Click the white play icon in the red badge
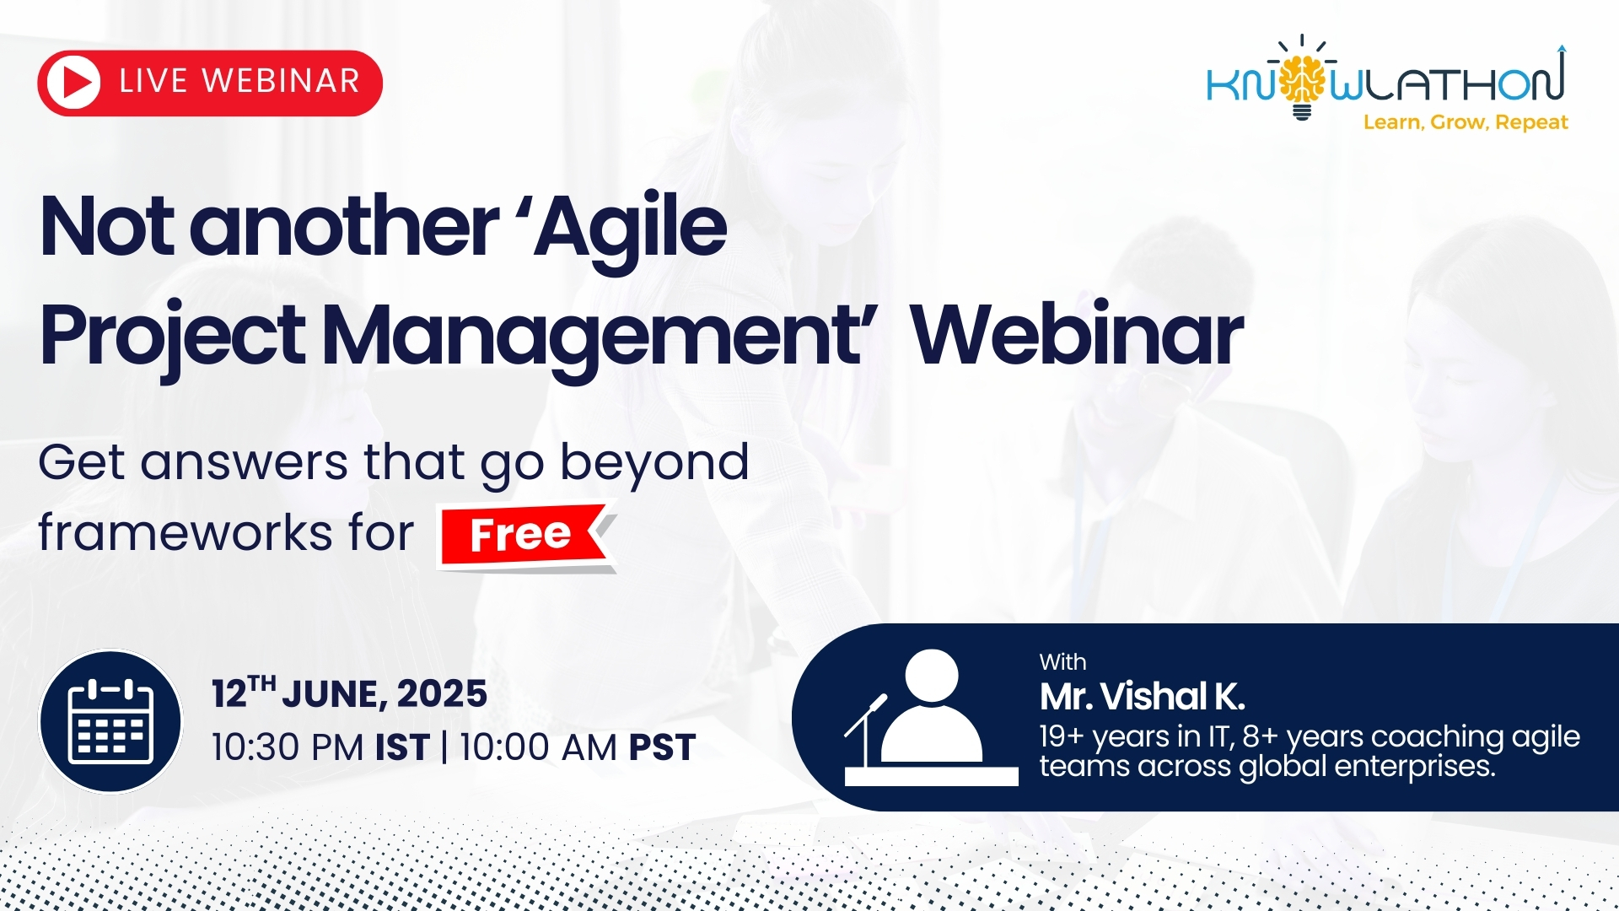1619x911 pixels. coord(74,83)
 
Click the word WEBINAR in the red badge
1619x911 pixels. coord(282,82)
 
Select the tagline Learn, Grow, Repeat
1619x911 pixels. coord(1466,122)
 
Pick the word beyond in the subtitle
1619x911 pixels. coord(654,463)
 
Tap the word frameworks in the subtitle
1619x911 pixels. coord(186,532)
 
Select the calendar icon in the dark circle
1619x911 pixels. coord(110,721)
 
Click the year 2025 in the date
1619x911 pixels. coord(442,694)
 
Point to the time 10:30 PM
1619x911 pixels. coord(288,747)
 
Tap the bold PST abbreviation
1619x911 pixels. coord(663,747)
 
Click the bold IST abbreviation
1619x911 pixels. coord(402,747)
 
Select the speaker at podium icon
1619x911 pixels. coord(931,718)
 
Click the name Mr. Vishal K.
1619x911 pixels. coord(1143,697)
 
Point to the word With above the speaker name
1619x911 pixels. coord(1062,662)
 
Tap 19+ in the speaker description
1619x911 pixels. coord(1062,736)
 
